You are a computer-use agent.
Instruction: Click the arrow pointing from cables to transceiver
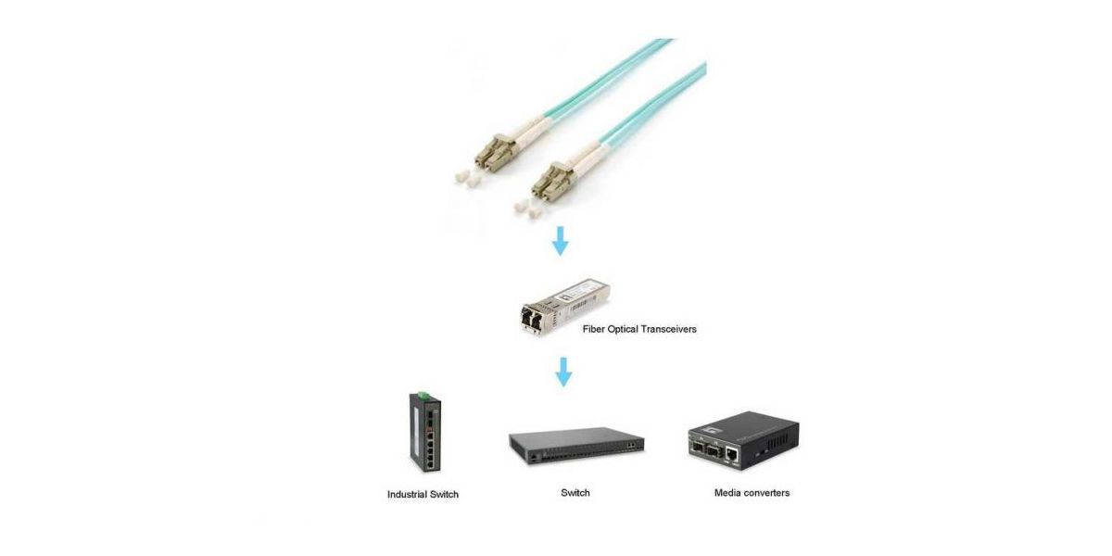pos(561,241)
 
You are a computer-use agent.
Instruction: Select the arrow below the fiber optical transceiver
pos(563,372)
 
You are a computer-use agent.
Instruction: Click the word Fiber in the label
pos(593,329)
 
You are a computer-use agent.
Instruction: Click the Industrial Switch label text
pos(423,495)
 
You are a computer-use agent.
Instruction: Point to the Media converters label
pos(752,493)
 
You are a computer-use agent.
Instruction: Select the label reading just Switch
pos(575,493)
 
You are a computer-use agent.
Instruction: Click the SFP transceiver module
pos(565,307)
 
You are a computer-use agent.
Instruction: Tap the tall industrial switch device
pos(425,432)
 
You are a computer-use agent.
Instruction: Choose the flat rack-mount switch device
pos(576,446)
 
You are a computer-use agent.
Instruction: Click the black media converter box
pos(743,440)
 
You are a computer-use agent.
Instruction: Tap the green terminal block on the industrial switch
pos(423,395)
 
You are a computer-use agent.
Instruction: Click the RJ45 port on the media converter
pos(732,454)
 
